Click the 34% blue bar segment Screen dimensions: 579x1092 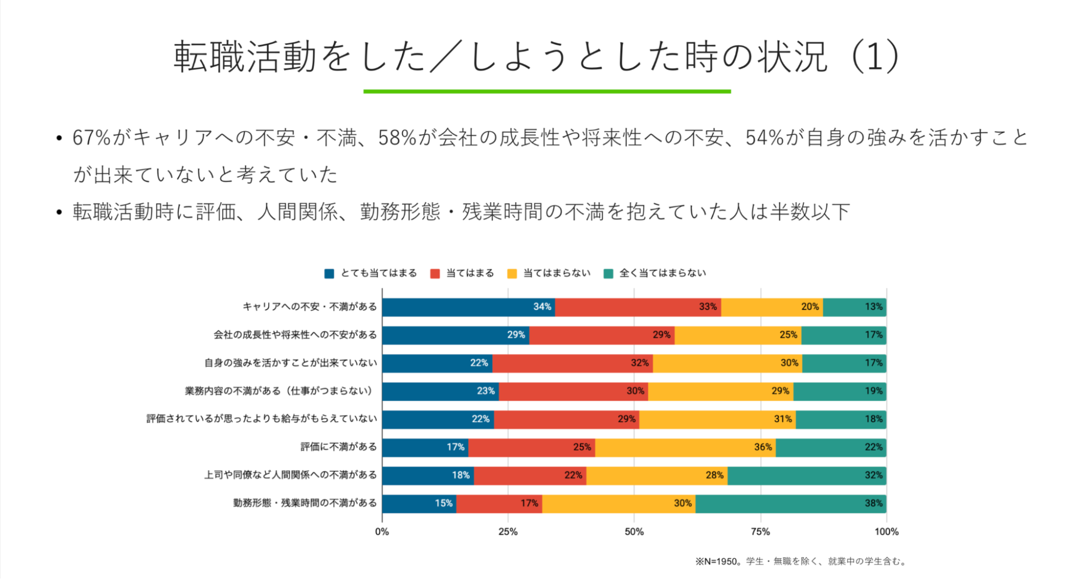click(468, 307)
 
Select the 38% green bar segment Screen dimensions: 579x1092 click(790, 503)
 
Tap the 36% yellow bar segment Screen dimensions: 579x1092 click(685, 447)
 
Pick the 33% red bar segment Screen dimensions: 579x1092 click(638, 307)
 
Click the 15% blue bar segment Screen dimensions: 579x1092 click(419, 503)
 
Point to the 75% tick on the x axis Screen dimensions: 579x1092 click(760, 531)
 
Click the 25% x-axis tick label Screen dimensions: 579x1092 click(508, 531)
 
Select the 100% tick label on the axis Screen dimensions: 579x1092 click(886, 531)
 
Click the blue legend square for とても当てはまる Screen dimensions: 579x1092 click(329, 274)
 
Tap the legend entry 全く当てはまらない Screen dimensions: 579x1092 click(662, 273)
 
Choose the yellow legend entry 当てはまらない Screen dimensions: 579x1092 click(556, 273)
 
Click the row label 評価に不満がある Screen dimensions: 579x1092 click(339, 447)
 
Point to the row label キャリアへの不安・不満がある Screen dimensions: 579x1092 click(310, 307)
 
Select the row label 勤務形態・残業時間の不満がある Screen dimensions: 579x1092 click(305, 503)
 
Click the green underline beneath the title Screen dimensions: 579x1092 click(547, 91)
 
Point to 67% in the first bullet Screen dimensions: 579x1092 click(92, 138)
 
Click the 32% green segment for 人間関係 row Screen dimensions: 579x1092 click(806, 475)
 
